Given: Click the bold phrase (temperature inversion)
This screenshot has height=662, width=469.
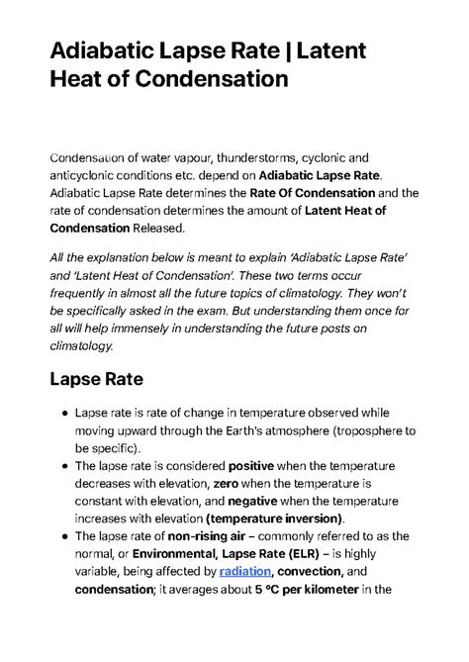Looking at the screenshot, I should [274, 519].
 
